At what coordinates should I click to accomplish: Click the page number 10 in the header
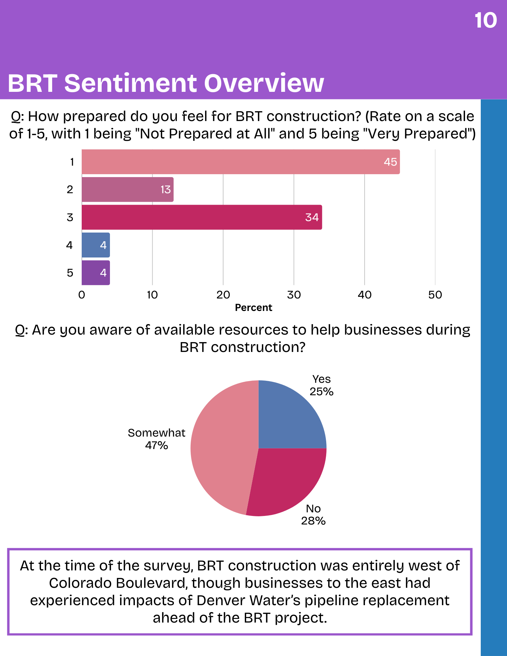(486, 21)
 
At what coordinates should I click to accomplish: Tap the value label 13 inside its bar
(165, 190)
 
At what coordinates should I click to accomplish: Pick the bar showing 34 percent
(202, 217)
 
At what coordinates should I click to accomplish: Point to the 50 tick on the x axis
(435, 295)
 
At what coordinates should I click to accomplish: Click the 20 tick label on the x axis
(223, 295)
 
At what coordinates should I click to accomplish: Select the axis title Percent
(254, 308)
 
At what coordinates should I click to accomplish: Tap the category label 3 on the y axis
(70, 217)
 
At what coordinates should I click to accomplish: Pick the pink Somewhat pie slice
(223, 449)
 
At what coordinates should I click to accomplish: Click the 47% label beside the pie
(157, 445)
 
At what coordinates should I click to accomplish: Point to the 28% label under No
(313, 521)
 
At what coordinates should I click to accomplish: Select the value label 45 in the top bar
(391, 162)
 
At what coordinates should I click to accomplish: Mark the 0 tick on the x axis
(82, 295)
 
